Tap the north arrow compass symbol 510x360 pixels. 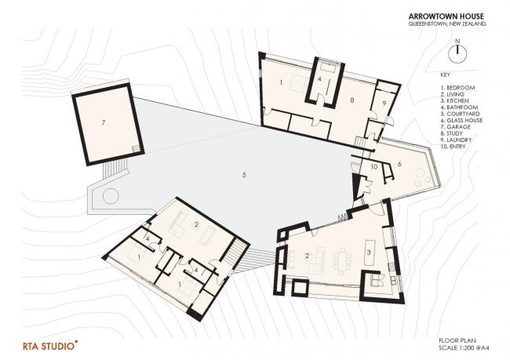pyautogui.click(x=454, y=53)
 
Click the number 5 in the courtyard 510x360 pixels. pyautogui.click(x=244, y=174)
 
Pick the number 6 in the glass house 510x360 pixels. pyautogui.click(x=399, y=163)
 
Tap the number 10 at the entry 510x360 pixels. pyautogui.click(x=374, y=167)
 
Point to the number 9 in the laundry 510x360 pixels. pyautogui.click(x=384, y=103)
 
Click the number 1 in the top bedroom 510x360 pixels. pyautogui.click(x=280, y=82)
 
